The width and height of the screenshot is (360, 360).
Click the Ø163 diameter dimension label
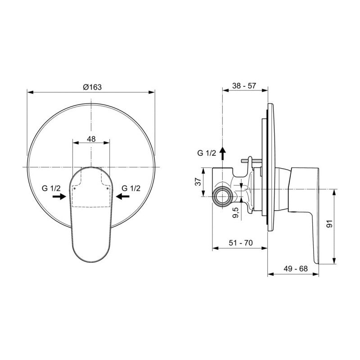(x=92, y=87)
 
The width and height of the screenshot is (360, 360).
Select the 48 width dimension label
(x=91, y=139)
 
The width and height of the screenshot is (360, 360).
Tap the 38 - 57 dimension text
(x=244, y=85)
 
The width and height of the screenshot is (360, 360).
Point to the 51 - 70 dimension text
(x=241, y=243)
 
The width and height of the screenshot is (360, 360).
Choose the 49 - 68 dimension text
(x=296, y=268)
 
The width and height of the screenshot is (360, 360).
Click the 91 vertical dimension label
(x=329, y=223)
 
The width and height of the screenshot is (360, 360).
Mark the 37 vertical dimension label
(x=198, y=182)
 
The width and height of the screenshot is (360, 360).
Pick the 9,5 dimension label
(x=236, y=212)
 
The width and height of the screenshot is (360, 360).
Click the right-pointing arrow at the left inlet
(x=59, y=196)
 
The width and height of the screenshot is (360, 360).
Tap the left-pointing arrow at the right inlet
(x=122, y=196)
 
